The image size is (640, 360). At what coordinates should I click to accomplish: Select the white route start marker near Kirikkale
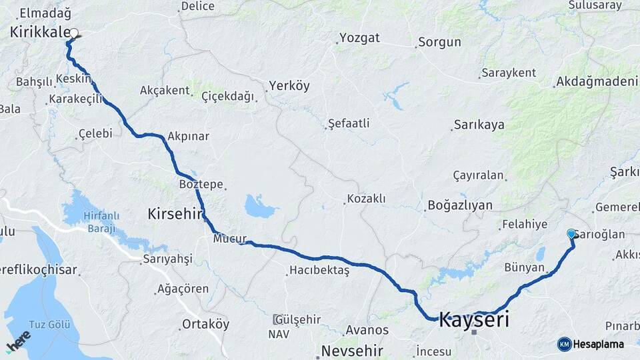74,33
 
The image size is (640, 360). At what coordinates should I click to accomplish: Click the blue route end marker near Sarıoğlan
571,234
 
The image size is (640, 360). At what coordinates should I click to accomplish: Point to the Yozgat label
359,37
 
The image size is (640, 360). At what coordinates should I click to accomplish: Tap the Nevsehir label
352,351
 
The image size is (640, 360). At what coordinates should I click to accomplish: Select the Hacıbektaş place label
319,271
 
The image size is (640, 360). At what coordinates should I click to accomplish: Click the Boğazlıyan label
460,205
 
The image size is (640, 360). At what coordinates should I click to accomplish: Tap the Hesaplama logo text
599,344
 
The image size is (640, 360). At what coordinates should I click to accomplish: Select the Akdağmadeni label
596,82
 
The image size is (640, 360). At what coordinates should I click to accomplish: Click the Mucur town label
231,238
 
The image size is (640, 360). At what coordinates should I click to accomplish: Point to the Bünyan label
524,268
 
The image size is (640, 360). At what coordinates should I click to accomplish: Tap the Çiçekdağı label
228,97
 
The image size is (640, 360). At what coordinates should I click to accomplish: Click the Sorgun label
439,43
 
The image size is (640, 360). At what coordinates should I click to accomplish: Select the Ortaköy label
206,325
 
